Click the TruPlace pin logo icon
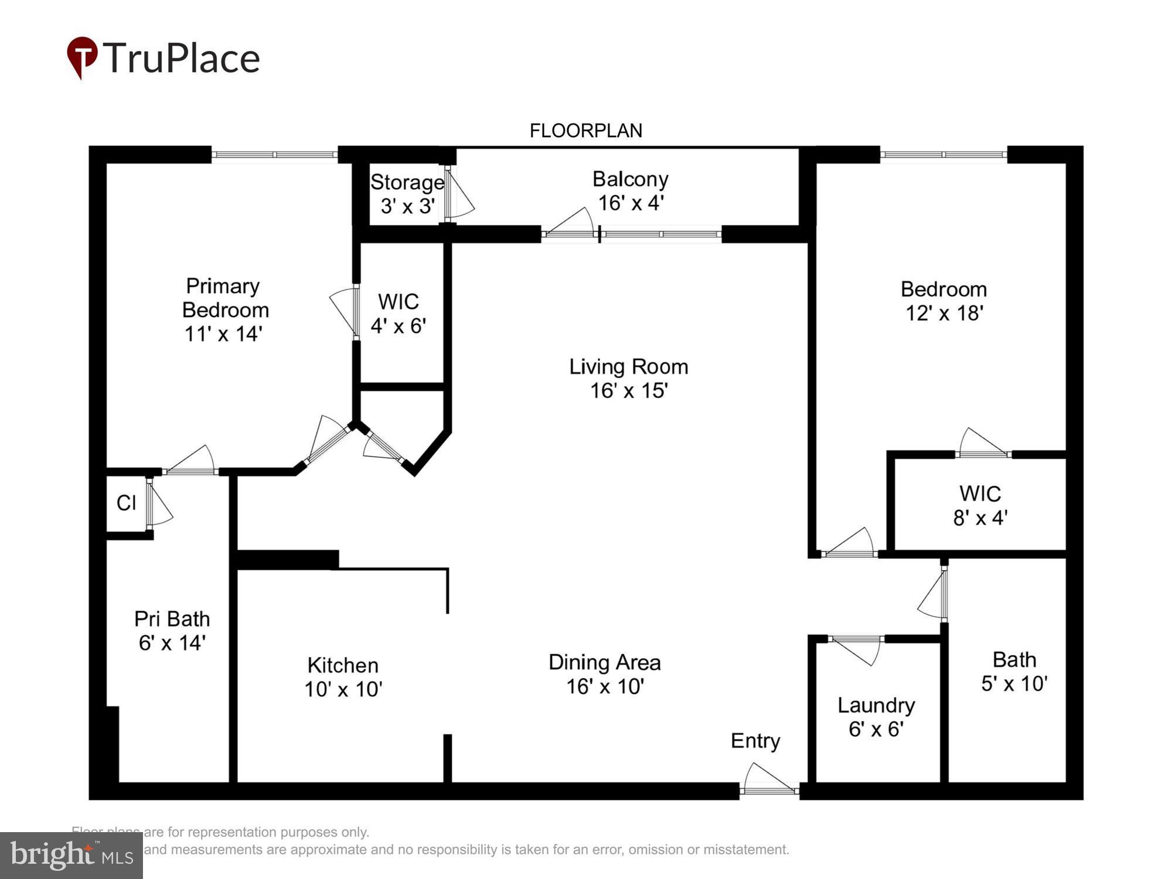tap(82, 57)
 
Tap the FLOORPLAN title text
tap(585, 131)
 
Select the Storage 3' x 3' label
tap(407, 194)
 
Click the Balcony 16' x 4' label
tap(631, 190)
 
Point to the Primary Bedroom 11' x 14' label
tap(224, 309)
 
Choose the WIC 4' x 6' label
tap(398, 314)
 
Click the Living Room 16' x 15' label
tap(629, 378)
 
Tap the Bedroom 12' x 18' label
tap(943, 301)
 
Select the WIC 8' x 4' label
tap(980, 505)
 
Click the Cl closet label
tap(126, 503)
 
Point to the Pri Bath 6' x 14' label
tap(172, 631)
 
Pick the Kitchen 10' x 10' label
tap(343, 677)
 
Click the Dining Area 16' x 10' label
tap(605, 674)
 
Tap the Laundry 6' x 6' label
tap(876, 717)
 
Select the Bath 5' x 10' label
tap(1014, 672)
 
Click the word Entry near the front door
tap(755, 741)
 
